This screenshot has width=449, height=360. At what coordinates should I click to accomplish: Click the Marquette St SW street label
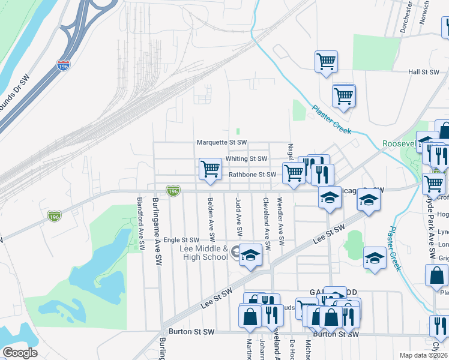point(222,143)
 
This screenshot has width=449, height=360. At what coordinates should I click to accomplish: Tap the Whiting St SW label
point(246,159)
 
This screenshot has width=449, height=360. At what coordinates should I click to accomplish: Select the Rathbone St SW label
point(252,175)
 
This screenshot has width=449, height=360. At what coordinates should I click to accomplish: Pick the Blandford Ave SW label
point(140,224)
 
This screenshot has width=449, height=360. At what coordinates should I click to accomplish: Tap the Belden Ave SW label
point(211,216)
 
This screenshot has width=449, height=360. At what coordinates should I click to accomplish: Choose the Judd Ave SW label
point(239,216)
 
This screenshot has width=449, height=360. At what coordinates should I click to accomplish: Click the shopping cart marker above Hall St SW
point(326,61)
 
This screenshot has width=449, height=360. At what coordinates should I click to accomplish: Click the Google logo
point(20,353)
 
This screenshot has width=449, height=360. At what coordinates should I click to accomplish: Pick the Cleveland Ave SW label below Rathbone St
point(265,221)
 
